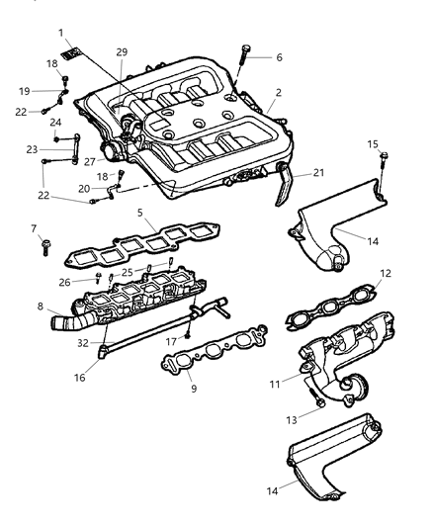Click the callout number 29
click(122, 51)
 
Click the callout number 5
click(140, 212)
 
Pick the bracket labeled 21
click(284, 187)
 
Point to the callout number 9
click(193, 389)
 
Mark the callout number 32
click(84, 344)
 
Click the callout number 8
click(40, 307)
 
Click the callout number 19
click(41, 91)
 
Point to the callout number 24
click(56, 124)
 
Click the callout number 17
click(172, 342)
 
